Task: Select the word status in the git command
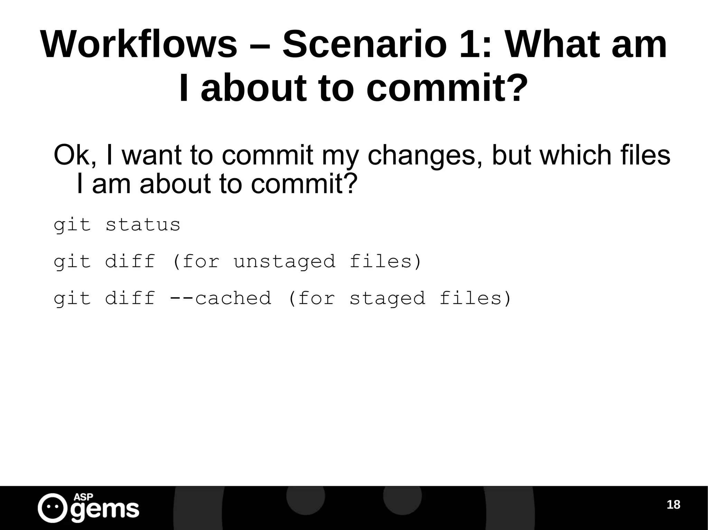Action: [143, 225]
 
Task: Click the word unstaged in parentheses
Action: [285, 261]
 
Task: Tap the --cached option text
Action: [221, 298]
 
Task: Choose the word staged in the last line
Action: [387, 299]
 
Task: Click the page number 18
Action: [673, 505]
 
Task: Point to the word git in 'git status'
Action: [72, 225]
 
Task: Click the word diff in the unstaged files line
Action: [130, 261]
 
